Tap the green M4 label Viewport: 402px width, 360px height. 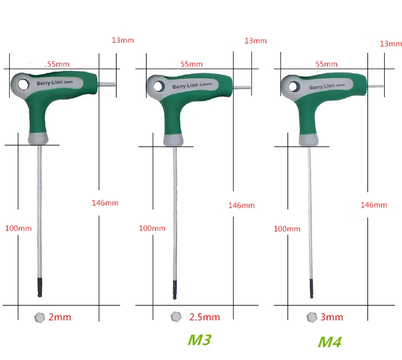330,341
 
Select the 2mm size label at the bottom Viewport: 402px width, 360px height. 59,317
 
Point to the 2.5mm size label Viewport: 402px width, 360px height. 204,317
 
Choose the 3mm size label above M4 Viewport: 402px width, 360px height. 332,317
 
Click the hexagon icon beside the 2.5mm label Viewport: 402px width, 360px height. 176,317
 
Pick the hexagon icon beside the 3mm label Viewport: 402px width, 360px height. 311,317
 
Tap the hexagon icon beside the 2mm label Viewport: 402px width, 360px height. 39,317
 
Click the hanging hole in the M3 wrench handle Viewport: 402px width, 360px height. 159,85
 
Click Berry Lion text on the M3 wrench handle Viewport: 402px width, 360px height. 186,86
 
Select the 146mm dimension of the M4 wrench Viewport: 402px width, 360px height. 374,205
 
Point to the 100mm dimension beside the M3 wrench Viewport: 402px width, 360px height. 152,228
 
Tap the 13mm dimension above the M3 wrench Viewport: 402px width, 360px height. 255,41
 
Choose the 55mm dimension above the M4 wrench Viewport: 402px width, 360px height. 326,64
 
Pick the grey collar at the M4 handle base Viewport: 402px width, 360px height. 310,139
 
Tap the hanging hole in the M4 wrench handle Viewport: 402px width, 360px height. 294,86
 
